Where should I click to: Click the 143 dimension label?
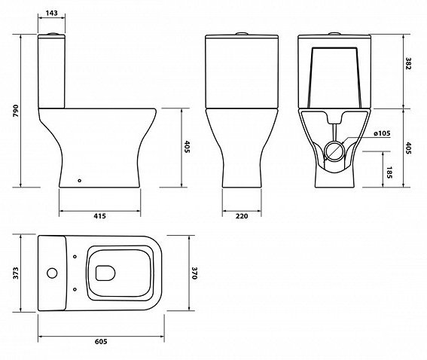pyautogui.click(x=51, y=13)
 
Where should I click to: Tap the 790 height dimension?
pyautogui.click(x=16, y=111)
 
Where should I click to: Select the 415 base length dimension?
pyautogui.click(x=99, y=216)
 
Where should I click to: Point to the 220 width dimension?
pyautogui.click(x=242, y=216)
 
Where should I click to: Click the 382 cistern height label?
pyautogui.click(x=408, y=63)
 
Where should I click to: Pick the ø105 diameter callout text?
pyautogui.click(x=382, y=133)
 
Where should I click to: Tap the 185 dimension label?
pyautogui.click(x=389, y=172)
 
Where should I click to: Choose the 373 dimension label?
pyautogui.click(x=16, y=273)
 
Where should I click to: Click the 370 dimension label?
pyautogui.click(x=194, y=273)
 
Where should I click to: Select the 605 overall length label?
pyautogui.click(x=101, y=341)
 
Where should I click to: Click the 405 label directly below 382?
pyautogui.click(x=408, y=148)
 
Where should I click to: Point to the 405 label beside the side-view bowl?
pyautogui.click(x=187, y=147)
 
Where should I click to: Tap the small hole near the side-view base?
pyautogui.click(x=80, y=180)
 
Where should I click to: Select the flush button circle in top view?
pyautogui.click(x=52, y=273)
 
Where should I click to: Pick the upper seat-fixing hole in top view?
pyautogui.click(x=75, y=257)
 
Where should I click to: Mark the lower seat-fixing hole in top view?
pyautogui.click(x=75, y=289)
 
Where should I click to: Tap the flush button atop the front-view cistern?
pyautogui.click(x=242, y=34)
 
